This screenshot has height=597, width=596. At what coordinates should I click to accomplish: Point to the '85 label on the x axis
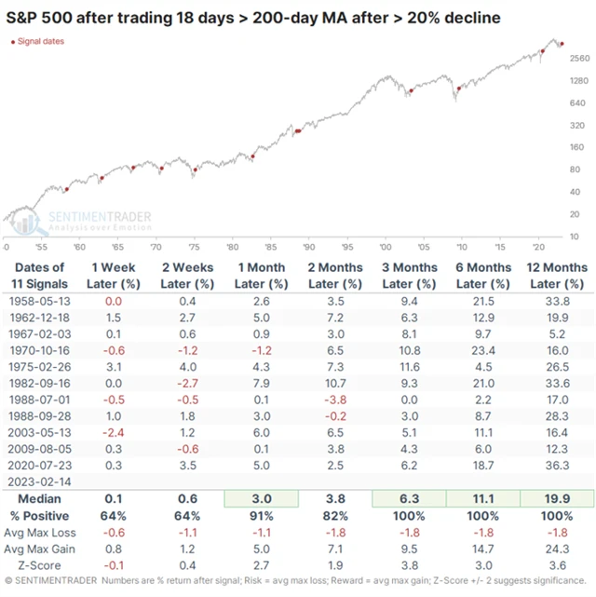pyautogui.click(x=270, y=247)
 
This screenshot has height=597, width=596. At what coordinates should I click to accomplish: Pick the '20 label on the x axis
pyautogui.click(x=538, y=247)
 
